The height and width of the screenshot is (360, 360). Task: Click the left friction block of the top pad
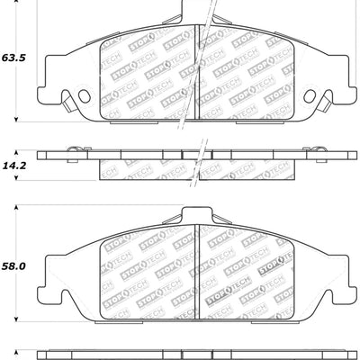point(147,77)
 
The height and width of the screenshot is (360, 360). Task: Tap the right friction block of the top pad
point(245,77)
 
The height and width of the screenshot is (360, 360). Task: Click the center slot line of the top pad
point(196,77)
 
